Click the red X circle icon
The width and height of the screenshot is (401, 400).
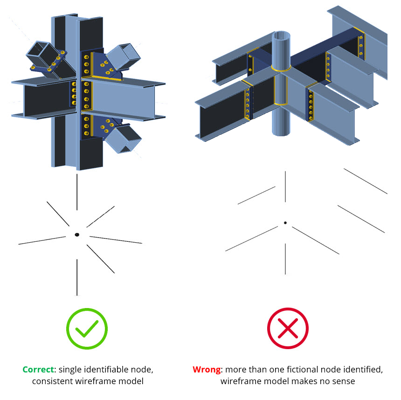pyautogui.click(x=288, y=329)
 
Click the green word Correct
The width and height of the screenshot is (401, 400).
pyautogui.click(x=38, y=370)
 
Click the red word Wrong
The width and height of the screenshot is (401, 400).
pyautogui.click(x=206, y=370)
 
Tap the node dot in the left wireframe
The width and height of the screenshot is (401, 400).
pyautogui.click(x=77, y=234)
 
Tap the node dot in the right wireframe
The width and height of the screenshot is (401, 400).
pyautogui.click(x=285, y=223)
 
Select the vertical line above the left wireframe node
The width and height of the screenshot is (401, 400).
pyautogui.click(x=77, y=192)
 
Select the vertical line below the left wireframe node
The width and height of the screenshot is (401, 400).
pyautogui.click(x=77, y=277)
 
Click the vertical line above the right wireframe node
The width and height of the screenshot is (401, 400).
pyautogui.click(x=285, y=187)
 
